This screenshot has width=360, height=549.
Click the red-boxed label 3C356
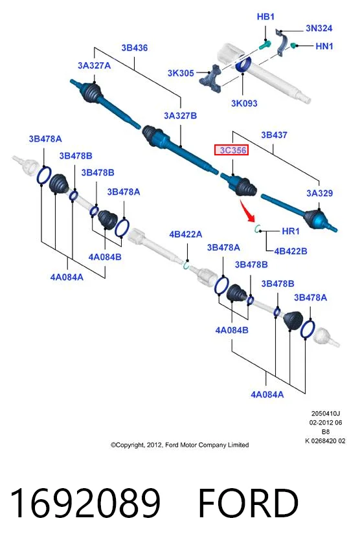232,150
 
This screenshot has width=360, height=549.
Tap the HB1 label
265,16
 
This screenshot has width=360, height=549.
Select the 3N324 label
319,28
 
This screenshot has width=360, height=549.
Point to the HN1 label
324,46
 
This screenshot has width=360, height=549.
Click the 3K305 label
181,73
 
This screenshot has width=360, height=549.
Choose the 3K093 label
244,104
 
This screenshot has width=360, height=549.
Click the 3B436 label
135,48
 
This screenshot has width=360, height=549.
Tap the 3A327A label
94,65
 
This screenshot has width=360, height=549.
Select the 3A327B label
181,115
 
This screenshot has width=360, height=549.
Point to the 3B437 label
274,135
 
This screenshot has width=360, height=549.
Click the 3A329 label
320,193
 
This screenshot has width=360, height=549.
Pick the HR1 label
291,231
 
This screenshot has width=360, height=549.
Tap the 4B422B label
291,251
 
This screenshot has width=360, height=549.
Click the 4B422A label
186,234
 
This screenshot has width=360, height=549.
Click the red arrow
247,211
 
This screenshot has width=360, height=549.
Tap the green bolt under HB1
264,45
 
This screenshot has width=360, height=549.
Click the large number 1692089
85,503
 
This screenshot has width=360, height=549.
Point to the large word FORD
248,503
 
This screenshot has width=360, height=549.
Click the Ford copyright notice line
179,445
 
